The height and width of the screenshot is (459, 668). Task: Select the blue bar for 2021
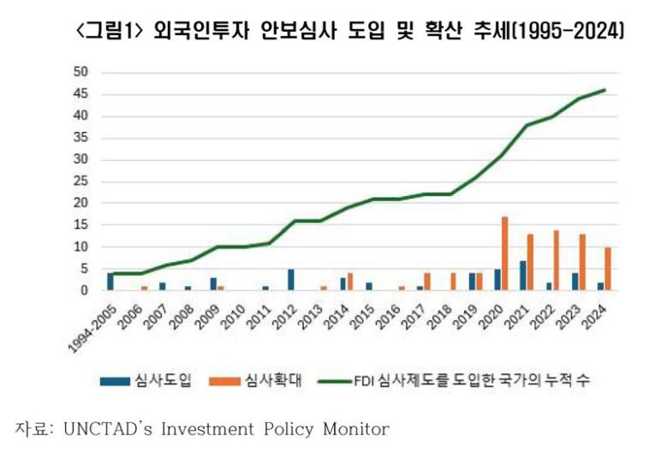pyautogui.click(x=523, y=276)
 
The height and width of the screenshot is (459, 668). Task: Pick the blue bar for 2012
pyautogui.click(x=292, y=280)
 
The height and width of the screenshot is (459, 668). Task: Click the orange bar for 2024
pyautogui.click(x=607, y=269)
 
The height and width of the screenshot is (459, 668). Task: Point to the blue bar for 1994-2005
pyautogui.click(x=110, y=282)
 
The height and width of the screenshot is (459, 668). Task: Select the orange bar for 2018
pyautogui.click(x=453, y=282)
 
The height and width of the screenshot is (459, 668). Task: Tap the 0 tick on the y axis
pyautogui.click(x=85, y=290)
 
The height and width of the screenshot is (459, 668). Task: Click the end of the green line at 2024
pyautogui.click(x=605, y=90)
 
